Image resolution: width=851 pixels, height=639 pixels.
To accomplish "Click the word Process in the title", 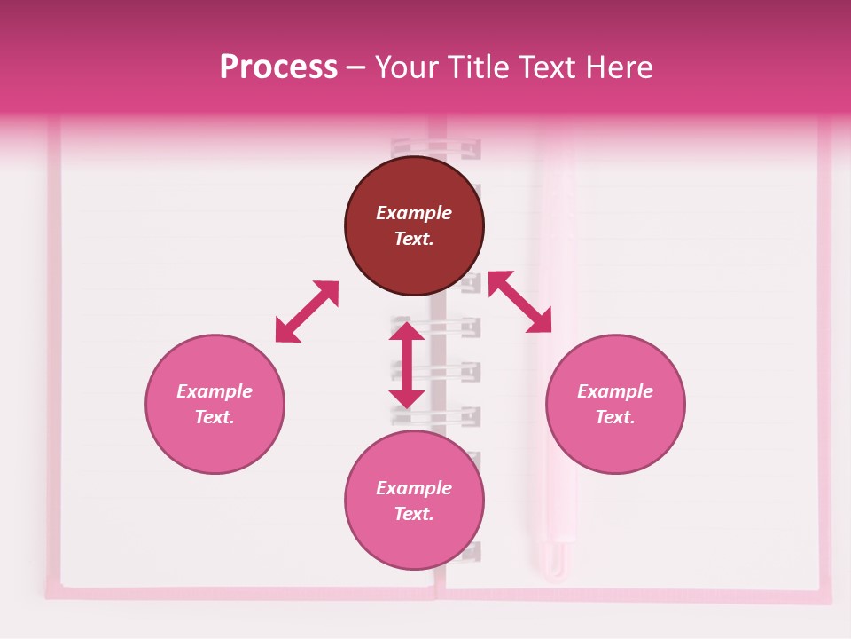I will (278, 67).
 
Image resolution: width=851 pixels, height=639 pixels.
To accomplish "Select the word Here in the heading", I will (617, 67).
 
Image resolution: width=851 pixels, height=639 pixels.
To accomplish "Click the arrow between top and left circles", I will (307, 312).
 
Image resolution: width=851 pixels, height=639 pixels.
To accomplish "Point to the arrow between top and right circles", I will (519, 302).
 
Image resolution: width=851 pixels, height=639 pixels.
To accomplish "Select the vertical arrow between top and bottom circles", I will (407, 365).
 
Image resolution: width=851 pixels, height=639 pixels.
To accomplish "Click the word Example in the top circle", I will (414, 213).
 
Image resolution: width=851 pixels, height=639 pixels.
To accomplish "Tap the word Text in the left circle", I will (215, 417).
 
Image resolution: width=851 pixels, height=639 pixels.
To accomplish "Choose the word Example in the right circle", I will (615, 391).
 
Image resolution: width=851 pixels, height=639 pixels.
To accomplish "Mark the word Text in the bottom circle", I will (414, 514).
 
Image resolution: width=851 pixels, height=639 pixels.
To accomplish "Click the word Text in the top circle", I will (414, 239).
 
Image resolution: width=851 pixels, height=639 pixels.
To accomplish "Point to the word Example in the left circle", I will (215, 391).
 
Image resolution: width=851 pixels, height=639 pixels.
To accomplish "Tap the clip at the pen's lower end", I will (556, 559).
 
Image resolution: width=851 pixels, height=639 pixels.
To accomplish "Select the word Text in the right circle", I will (615, 417).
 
